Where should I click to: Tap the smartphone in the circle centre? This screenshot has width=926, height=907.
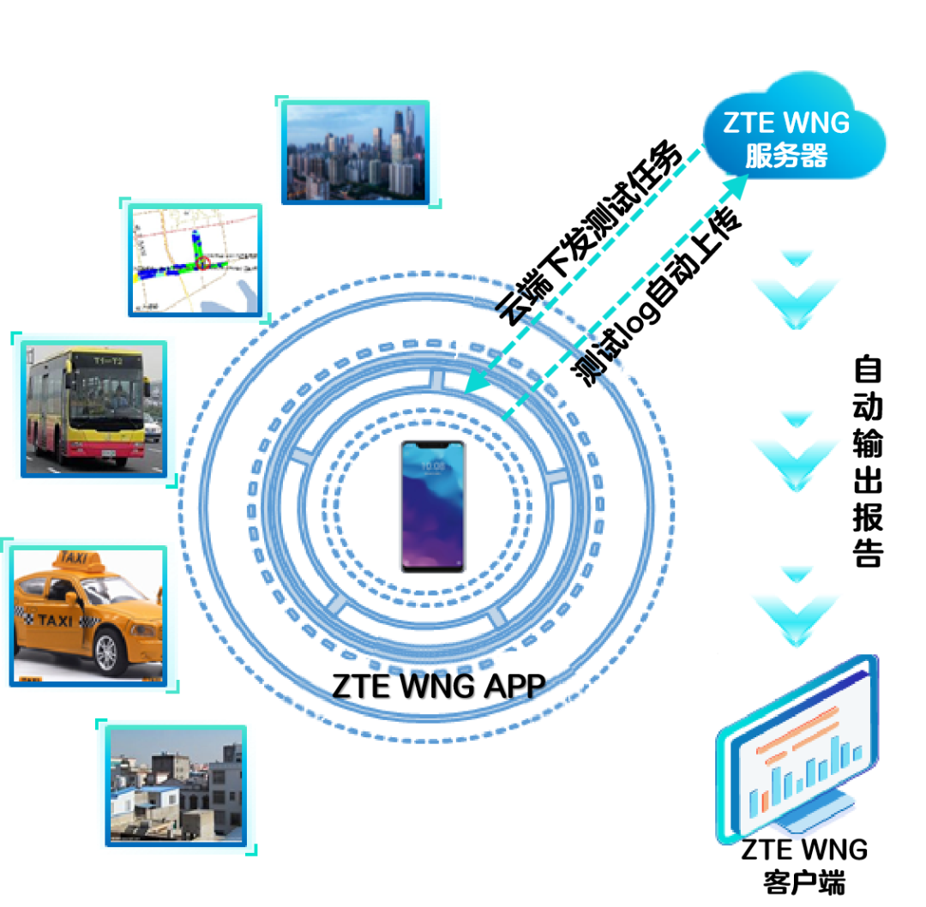(x=432, y=506)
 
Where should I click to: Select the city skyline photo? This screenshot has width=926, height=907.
(x=356, y=152)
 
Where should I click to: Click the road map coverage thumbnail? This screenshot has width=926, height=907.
(x=195, y=260)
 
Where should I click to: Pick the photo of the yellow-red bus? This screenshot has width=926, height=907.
(x=93, y=406)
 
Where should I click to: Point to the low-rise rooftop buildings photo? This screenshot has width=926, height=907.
(x=177, y=784)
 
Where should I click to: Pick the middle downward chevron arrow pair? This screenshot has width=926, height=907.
(x=797, y=449)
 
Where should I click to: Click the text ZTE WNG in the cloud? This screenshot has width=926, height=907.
(x=786, y=122)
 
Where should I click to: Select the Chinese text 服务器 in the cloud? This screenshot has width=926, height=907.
(x=786, y=156)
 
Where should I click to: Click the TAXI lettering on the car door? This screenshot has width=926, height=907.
(x=55, y=620)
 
